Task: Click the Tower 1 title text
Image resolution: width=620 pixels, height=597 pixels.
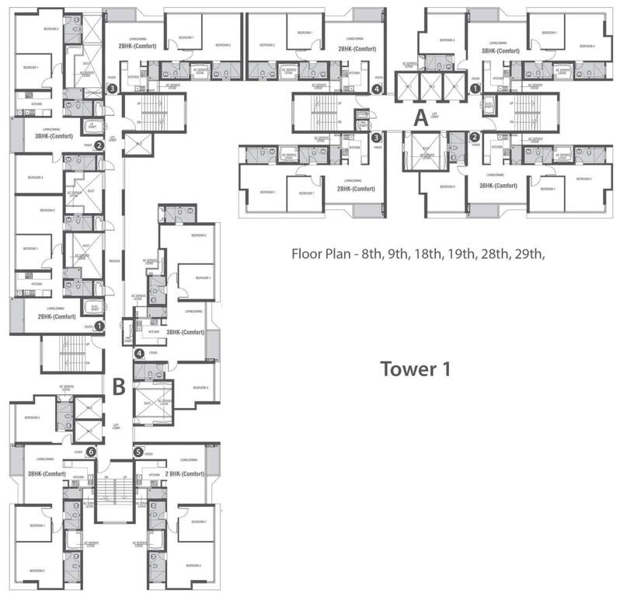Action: tap(415, 368)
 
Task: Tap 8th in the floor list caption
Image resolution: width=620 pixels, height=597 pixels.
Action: tap(370, 253)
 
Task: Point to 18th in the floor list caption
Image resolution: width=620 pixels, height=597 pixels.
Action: tap(430, 253)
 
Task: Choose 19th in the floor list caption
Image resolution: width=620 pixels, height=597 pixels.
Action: tap(461, 253)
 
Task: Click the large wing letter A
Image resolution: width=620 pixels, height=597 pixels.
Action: tap(420, 119)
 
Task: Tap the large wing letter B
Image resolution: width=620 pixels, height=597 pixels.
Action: tap(119, 385)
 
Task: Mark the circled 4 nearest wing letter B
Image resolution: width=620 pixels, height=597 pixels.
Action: tap(139, 354)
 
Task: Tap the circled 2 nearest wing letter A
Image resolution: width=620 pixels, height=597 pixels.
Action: tap(474, 138)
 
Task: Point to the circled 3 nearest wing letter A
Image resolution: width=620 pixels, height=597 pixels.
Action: tap(376, 138)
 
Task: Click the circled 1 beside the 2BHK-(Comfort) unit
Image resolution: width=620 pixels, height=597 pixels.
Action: tap(99, 326)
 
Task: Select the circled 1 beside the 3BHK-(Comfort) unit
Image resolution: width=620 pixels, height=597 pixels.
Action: tap(475, 89)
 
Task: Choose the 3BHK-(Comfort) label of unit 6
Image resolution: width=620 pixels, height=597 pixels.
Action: tap(46, 473)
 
